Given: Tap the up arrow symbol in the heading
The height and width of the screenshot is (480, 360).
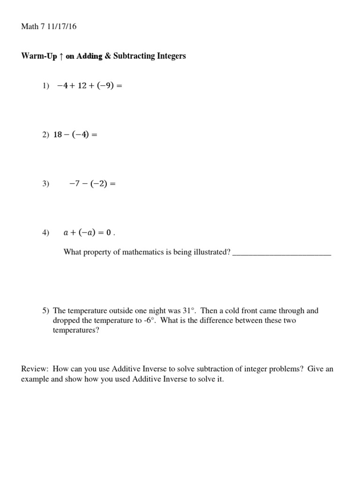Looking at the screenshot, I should pos(60,56).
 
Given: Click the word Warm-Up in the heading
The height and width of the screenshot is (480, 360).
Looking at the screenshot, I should pos(39,56).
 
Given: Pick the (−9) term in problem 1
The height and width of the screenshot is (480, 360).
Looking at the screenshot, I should pos(104,86).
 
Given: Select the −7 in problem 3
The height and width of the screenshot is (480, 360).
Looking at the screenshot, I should pos(75,184).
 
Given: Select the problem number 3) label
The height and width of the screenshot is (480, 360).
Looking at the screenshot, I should pos(45,184).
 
